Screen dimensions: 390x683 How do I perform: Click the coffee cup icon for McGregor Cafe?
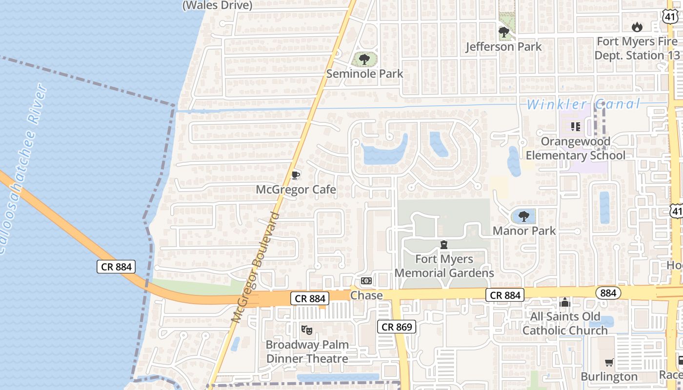click(295, 175)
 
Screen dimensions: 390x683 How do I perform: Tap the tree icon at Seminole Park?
click(364, 60)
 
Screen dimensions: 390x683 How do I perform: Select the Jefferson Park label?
click(503, 47)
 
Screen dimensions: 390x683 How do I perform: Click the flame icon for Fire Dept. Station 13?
click(637, 27)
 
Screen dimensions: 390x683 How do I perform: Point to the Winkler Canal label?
click(583, 104)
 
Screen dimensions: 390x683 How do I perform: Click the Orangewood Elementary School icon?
click(576, 127)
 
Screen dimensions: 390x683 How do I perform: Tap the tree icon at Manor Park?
click(524, 216)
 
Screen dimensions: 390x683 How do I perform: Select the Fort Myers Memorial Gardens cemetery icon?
click(444, 244)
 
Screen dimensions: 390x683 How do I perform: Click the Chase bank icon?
click(366, 281)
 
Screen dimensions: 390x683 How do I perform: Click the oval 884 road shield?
click(608, 293)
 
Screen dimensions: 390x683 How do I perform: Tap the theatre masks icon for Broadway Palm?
click(307, 330)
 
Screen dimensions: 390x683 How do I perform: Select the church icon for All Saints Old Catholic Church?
click(565, 302)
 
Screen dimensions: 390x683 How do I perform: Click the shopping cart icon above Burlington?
click(609, 362)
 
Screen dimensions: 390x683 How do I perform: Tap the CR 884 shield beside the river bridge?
click(116, 267)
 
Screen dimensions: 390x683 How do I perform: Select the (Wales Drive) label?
click(217, 6)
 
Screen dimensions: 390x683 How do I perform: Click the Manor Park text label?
click(524, 230)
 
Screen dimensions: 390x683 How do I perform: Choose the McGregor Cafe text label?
click(296, 189)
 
